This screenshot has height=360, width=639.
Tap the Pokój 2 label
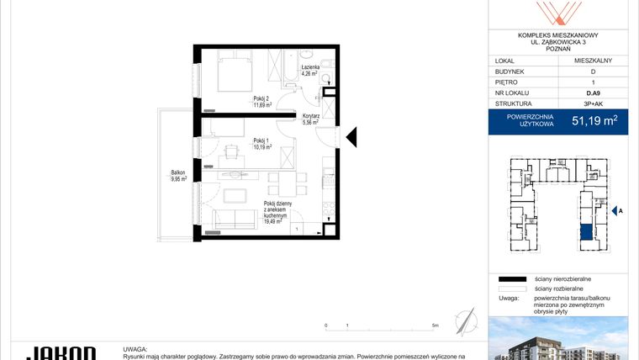[x=262, y=98]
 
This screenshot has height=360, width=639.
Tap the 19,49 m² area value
[x=276, y=222]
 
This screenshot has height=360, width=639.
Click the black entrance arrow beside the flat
[x=352, y=136]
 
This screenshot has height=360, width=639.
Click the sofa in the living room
[x=235, y=220]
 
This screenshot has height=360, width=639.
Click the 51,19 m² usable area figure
[x=594, y=121]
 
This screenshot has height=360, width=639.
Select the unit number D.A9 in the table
[x=593, y=93]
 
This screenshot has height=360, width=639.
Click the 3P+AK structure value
[x=593, y=104]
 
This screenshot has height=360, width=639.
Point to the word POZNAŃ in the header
[x=558, y=49]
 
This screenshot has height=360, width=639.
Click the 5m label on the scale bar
[x=435, y=325]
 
